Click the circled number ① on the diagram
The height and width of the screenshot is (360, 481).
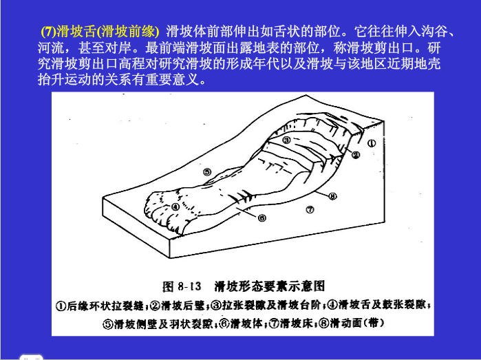(x=372, y=143)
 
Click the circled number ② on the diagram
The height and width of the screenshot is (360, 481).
(x=356, y=155)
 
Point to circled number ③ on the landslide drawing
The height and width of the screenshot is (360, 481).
(x=286, y=140)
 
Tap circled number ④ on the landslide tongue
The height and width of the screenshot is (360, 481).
(x=175, y=207)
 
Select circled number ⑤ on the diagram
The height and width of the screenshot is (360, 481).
(x=207, y=172)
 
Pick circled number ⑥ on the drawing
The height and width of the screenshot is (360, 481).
(x=261, y=218)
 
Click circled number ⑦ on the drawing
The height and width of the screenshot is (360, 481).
(x=310, y=210)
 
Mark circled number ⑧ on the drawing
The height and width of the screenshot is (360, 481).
(x=332, y=196)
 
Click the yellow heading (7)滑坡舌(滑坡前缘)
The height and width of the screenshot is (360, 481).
(x=100, y=31)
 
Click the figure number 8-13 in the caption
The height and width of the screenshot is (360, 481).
(x=189, y=286)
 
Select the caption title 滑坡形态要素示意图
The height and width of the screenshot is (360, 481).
(x=269, y=286)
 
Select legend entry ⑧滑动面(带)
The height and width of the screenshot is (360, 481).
(x=352, y=324)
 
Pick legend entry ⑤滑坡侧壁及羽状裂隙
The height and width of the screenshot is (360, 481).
(x=158, y=324)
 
